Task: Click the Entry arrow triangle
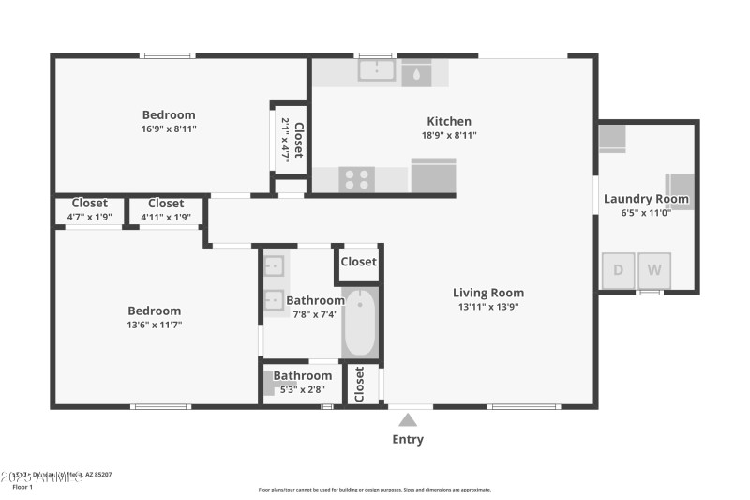(408, 420)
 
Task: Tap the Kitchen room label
(449, 121)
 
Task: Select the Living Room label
(488, 293)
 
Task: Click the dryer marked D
(618, 271)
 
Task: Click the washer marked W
(654, 271)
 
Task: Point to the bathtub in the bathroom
(358, 324)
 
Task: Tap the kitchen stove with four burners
(356, 179)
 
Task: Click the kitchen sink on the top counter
(378, 70)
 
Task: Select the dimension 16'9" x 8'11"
(169, 129)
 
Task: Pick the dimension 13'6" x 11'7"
(155, 325)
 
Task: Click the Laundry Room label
(646, 199)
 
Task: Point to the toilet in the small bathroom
(271, 384)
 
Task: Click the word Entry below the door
(408, 439)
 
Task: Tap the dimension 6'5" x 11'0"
(646, 212)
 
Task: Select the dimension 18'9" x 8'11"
(449, 135)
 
